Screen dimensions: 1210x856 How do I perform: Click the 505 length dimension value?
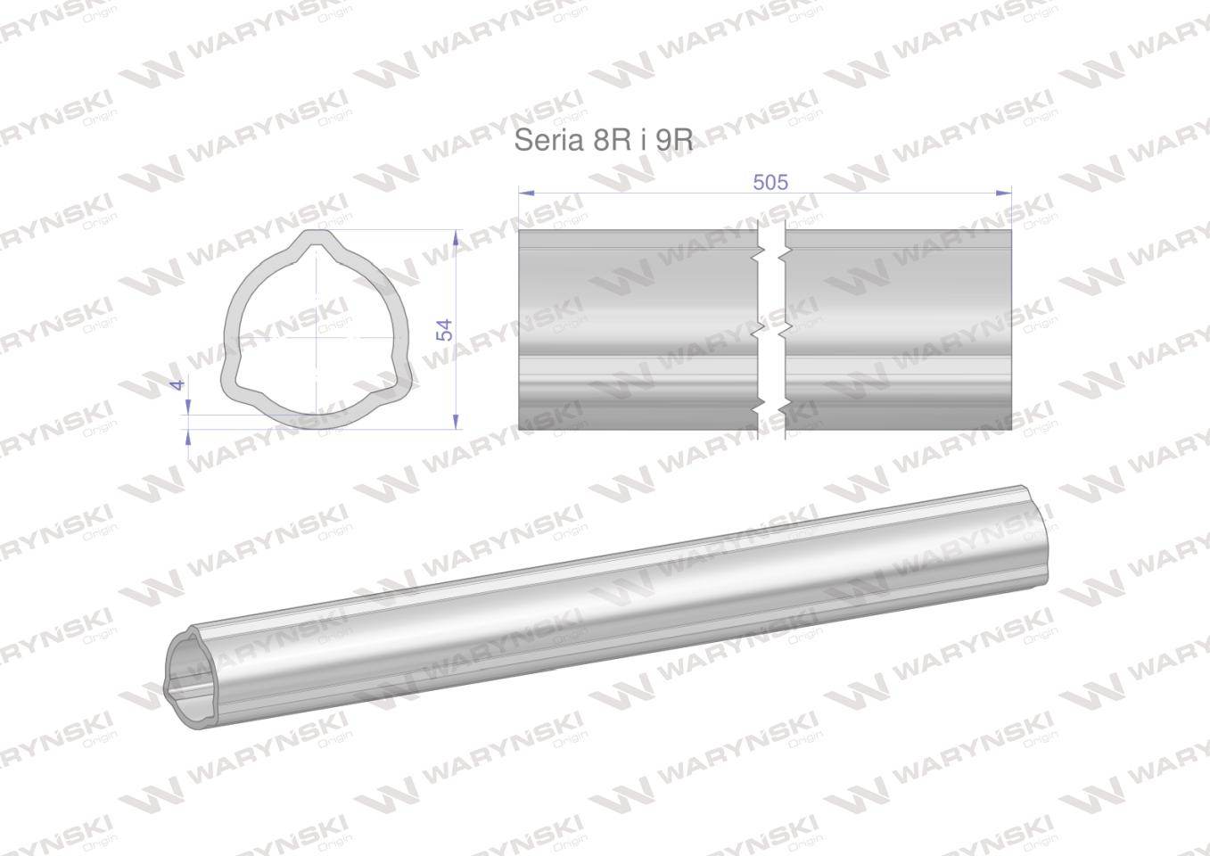point(770,183)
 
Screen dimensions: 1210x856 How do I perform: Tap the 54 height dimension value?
point(444,330)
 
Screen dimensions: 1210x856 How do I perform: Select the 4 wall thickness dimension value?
point(178,384)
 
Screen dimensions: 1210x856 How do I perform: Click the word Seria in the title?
point(548,140)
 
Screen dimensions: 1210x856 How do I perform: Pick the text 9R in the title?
point(675,140)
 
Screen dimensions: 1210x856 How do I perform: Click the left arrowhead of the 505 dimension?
point(526,193)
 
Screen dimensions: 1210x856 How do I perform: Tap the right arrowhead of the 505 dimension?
point(1004,193)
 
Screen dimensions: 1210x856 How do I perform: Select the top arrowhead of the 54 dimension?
point(457,238)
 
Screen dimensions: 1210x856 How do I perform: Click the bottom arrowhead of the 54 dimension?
point(457,421)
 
